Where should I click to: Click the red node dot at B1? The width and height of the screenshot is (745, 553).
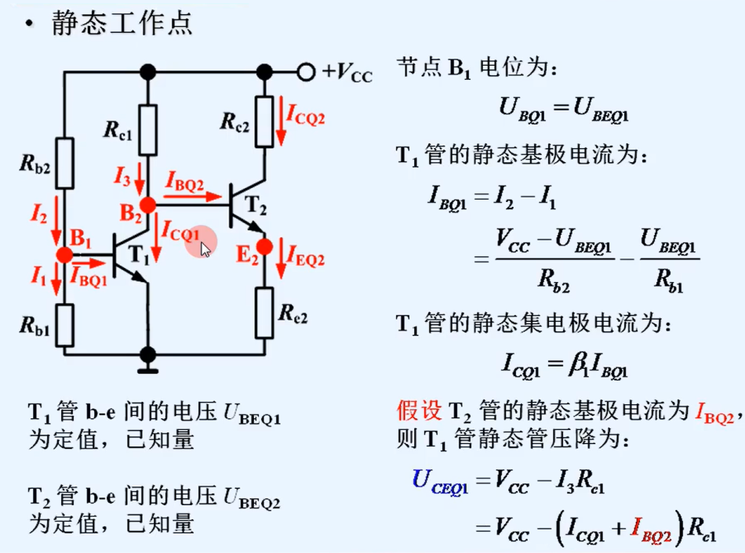[64, 255]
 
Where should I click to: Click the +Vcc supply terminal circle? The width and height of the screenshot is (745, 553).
[306, 72]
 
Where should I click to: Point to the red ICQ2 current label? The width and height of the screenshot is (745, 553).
[305, 117]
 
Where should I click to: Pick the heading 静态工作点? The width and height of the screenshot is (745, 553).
[122, 23]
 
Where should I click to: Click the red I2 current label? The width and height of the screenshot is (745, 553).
[39, 213]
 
